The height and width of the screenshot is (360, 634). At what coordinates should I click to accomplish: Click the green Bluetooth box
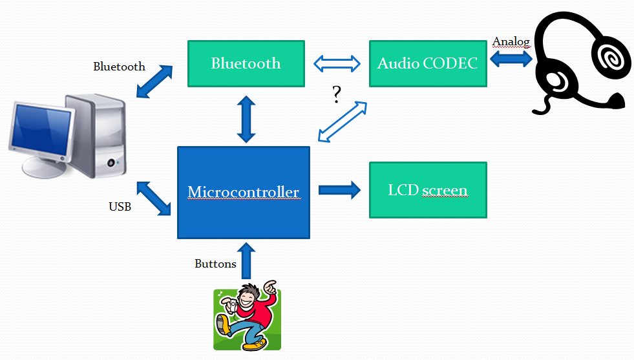(246, 63)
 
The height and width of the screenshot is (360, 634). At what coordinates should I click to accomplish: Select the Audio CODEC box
(428, 63)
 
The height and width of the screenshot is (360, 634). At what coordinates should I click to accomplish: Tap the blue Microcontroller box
(244, 193)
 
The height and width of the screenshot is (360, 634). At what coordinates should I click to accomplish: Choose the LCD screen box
(428, 190)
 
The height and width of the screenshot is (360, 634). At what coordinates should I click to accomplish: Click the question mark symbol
(337, 94)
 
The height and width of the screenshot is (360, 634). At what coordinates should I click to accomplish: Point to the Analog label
(511, 42)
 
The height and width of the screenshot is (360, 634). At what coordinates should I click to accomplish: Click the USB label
(120, 207)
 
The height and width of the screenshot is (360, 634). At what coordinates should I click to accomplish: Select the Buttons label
(215, 264)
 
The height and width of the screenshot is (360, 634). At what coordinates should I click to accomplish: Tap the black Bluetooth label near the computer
(120, 67)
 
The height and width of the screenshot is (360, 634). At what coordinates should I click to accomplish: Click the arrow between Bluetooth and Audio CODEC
(337, 63)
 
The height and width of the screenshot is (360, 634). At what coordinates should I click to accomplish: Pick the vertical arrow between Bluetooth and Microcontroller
(246, 119)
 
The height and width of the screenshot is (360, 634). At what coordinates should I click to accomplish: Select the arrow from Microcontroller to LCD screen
(339, 190)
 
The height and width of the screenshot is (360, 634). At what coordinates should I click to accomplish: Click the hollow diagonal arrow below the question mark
(343, 122)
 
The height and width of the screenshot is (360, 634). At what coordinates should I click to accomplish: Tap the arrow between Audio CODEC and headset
(511, 59)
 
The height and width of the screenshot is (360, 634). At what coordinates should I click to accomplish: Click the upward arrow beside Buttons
(246, 261)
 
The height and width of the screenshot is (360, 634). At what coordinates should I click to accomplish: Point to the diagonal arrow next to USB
(154, 198)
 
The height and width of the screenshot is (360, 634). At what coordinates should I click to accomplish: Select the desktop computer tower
(96, 136)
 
